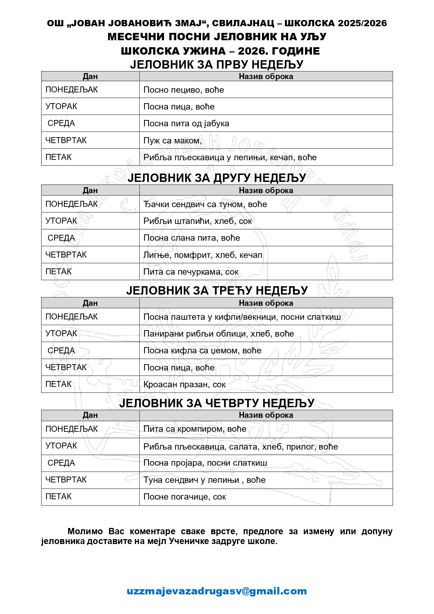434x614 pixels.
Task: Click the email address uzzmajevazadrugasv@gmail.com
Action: [x=216, y=591]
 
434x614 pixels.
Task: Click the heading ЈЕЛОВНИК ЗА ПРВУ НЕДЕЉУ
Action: [x=216, y=64]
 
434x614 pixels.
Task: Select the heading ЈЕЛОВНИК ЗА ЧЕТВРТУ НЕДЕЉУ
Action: [x=216, y=403]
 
